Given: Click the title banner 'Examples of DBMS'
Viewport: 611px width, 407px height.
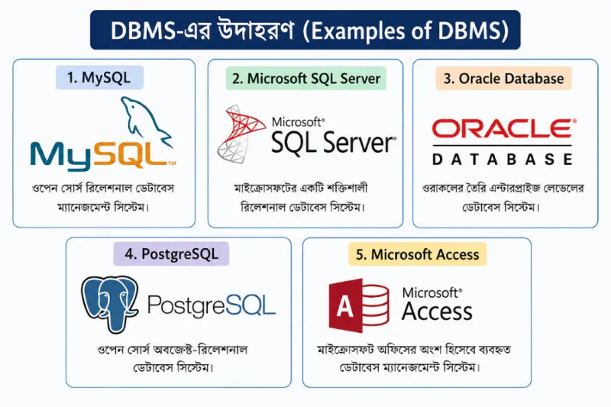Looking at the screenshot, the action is click(305, 30).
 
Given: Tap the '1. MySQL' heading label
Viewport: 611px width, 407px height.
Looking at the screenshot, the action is click(99, 77).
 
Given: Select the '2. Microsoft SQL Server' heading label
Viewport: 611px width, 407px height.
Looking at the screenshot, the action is click(306, 79).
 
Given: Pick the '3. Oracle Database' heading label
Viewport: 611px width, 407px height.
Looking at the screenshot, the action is click(503, 79).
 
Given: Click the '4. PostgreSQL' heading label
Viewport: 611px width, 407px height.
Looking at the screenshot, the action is click(171, 254).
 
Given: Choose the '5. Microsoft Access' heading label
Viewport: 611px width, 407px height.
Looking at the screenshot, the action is click(417, 254).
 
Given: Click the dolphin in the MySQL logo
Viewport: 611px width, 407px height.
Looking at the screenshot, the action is click(145, 120).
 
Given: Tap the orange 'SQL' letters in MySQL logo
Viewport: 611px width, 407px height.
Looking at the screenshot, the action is click(132, 155).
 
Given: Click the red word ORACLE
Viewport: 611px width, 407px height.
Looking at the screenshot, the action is click(503, 128).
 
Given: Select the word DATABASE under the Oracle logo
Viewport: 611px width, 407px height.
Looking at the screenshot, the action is click(503, 159).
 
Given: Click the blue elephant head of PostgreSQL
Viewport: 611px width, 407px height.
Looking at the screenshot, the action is click(109, 304).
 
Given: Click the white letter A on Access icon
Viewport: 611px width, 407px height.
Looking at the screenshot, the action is click(345, 306).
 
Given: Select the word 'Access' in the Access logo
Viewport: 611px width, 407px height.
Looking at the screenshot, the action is click(437, 312).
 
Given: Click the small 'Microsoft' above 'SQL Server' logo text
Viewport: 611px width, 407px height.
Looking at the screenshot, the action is click(298, 122).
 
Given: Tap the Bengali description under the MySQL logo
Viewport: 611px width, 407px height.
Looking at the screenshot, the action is click(103, 198).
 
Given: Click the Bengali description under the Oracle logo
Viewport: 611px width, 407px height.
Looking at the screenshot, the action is click(503, 198).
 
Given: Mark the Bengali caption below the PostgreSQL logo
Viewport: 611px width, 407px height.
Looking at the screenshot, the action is click(173, 358).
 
